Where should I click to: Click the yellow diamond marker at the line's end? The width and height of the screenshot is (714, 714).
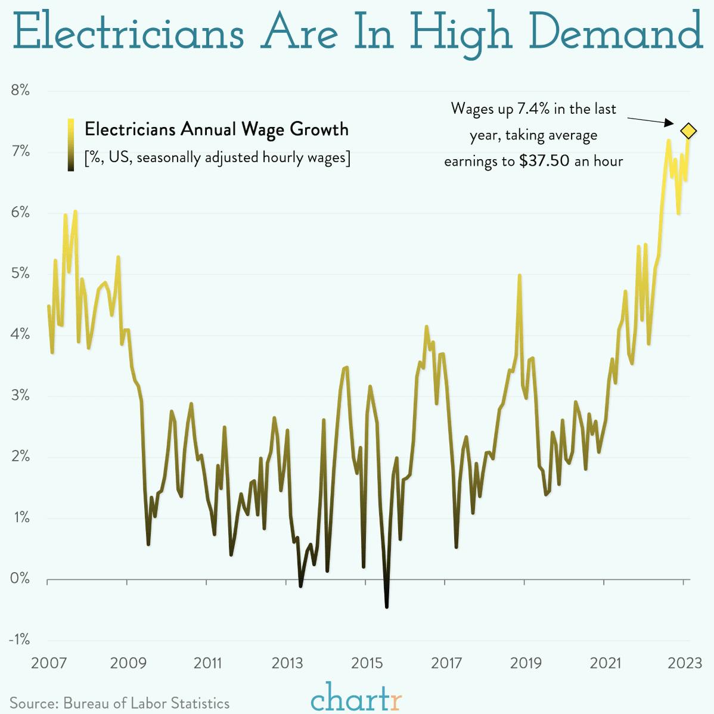click(x=688, y=131)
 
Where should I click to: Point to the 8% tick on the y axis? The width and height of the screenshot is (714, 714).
click(x=20, y=91)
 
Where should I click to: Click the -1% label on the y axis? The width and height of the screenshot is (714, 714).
click(x=19, y=640)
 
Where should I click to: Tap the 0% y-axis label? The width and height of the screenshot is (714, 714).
click(x=20, y=578)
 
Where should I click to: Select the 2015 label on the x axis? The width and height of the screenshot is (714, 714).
click(x=367, y=663)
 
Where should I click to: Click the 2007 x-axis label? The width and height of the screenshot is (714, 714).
click(x=48, y=663)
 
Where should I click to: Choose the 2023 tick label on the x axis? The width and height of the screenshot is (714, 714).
click(x=685, y=663)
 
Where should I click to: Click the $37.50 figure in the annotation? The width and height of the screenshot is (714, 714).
click(x=544, y=161)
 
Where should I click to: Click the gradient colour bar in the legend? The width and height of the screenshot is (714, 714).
click(x=71, y=144)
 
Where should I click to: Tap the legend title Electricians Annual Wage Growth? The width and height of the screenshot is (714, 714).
click(x=216, y=129)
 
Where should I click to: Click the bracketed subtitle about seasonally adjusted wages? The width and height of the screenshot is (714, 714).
click(x=217, y=157)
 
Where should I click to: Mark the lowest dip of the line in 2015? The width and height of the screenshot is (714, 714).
click(x=387, y=606)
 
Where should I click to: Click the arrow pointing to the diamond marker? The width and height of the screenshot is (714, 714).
click(x=650, y=120)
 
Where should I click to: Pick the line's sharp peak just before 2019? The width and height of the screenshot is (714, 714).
click(x=520, y=276)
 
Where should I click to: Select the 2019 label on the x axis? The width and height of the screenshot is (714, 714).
click(x=526, y=663)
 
